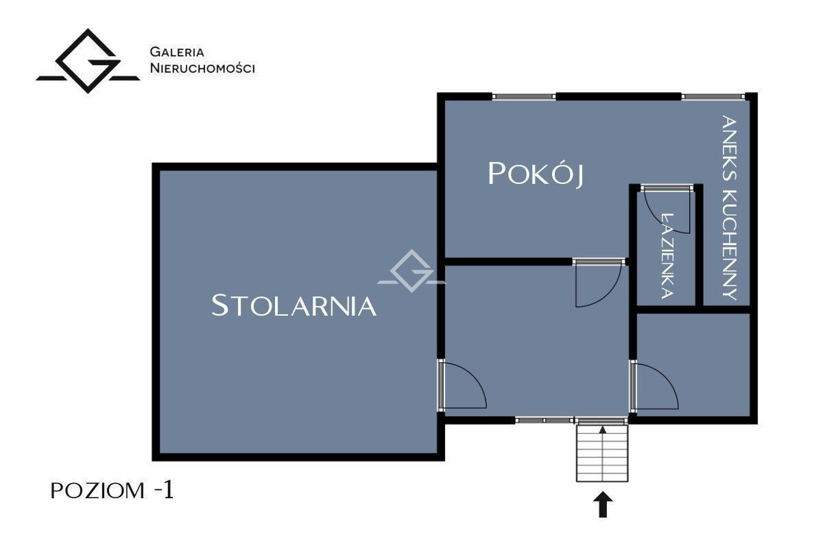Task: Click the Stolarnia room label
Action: click(294, 305)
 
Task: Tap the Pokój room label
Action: click(536, 174)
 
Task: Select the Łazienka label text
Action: click(667, 255)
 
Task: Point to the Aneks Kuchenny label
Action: click(729, 208)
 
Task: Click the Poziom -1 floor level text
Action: click(112, 490)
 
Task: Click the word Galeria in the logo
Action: click(177, 52)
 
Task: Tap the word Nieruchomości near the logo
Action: click(202, 68)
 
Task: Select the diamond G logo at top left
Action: click(88, 61)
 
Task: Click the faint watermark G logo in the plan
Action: click(411, 270)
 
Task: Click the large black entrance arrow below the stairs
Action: click(603, 504)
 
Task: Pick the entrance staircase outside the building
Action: click(602, 453)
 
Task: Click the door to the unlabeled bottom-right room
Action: click(655, 386)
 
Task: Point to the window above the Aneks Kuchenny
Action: click(713, 97)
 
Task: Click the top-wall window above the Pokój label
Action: click(524, 97)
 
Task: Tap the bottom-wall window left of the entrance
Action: click(544, 420)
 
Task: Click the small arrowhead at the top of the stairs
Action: click(603, 430)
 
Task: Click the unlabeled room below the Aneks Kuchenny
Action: click(693, 365)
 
